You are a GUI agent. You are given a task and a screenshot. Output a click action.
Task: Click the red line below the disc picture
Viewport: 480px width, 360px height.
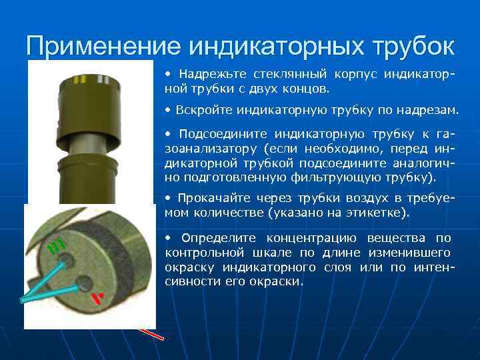(x=151, y=333)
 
